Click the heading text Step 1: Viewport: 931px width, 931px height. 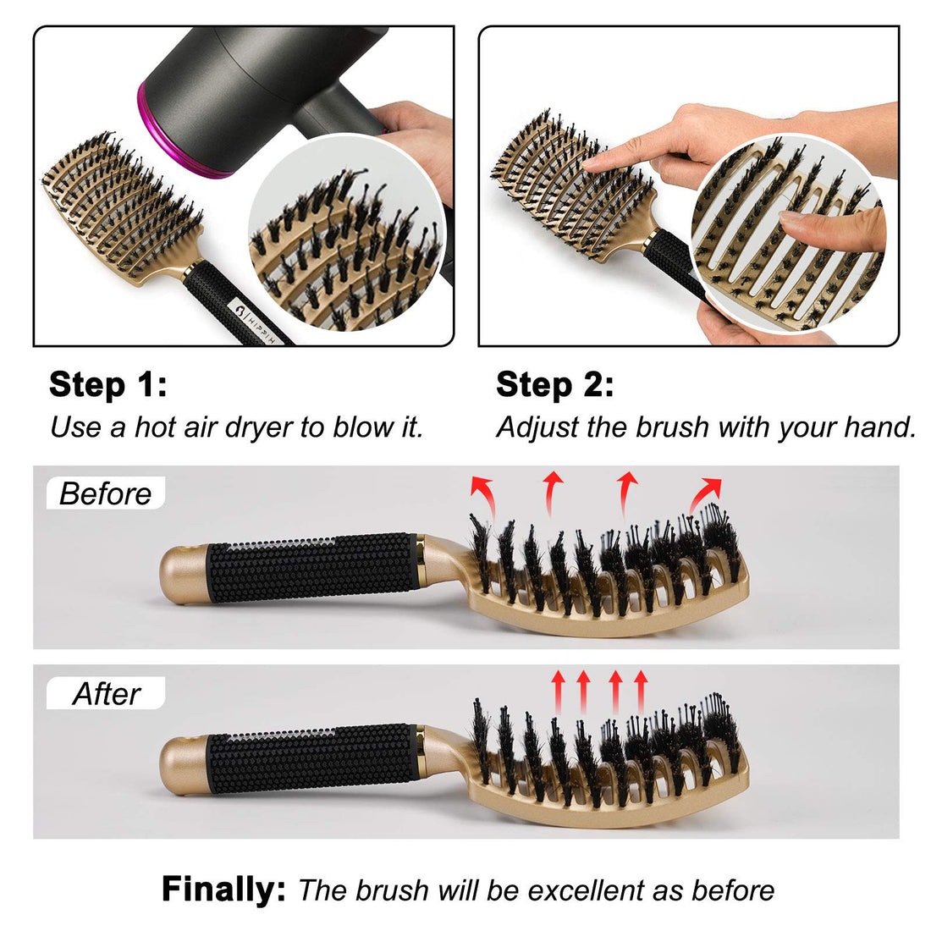[107, 384]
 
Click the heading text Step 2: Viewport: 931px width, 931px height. [554, 384]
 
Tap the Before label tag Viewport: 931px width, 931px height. [105, 493]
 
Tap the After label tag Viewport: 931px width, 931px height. [106, 694]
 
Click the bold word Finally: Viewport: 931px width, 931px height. [224, 890]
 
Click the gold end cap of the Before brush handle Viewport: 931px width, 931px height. [182, 575]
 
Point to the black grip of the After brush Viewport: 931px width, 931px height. [313, 758]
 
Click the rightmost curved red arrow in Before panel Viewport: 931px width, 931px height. [705, 494]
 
